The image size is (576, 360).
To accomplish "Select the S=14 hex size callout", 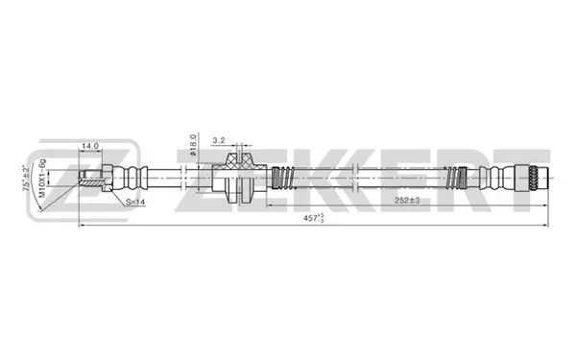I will (x=136, y=203).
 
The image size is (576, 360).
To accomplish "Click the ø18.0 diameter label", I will (x=194, y=143).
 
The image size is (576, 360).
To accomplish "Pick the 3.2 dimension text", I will (x=220, y=140).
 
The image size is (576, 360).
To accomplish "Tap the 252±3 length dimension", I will (x=408, y=201).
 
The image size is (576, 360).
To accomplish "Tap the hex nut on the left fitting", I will (x=107, y=177).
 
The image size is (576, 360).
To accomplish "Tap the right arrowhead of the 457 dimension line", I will (x=547, y=227).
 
